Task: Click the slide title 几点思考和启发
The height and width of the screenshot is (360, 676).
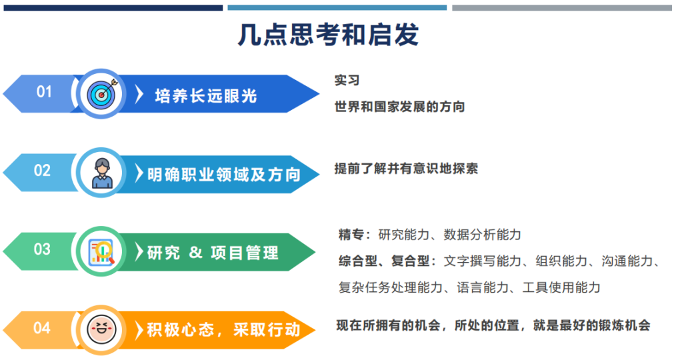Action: click(x=328, y=35)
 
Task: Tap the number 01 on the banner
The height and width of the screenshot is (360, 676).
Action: click(x=44, y=92)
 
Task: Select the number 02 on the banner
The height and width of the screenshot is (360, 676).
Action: click(x=42, y=170)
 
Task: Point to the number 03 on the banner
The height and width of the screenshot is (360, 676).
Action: click(x=42, y=249)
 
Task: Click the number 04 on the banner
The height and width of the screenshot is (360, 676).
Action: click(x=42, y=328)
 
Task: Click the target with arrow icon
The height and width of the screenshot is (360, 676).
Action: click(x=101, y=94)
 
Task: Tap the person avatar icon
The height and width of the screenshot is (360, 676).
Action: click(x=102, y=173)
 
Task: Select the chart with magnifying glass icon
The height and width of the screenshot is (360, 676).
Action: click(x=101, y=252)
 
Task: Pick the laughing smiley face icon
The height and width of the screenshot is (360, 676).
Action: click(x=101, y=330)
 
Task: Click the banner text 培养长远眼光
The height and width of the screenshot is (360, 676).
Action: click(x=206, y=96)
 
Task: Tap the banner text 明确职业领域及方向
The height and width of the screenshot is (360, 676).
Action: click(x=224, y=175)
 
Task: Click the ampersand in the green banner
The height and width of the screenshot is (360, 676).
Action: click(x=195, y=252)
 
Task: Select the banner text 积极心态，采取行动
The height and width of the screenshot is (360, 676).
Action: click(x=223, y=330)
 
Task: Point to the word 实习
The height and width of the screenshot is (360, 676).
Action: click(x=347, y=80)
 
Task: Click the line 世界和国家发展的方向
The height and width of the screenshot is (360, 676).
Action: click(x=399, y=107)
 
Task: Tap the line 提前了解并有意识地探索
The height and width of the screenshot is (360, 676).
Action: click(x=406, y=169)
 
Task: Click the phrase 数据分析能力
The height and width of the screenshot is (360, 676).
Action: click(x=482, y=235)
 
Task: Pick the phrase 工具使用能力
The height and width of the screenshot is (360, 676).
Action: click(x=561, y=287)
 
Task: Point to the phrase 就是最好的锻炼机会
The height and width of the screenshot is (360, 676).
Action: click(x=591, y=325)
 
